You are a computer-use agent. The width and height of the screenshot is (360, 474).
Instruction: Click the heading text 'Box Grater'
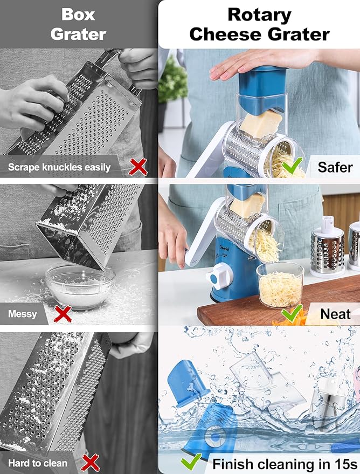click(78, 24)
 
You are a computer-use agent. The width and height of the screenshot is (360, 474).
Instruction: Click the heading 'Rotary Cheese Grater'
click(259, 24)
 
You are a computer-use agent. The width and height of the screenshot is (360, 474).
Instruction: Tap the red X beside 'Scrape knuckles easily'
click(139, 167)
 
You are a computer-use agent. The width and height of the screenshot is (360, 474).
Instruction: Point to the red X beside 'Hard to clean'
click(90, 462)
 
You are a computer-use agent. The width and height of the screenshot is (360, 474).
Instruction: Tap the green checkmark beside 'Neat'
click(292, 313)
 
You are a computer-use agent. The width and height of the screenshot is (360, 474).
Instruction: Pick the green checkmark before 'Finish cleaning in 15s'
click(191, 462)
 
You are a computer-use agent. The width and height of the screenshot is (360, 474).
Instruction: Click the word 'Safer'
click(335, 167)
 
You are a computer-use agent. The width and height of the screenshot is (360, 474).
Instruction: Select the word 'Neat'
click(335, 313)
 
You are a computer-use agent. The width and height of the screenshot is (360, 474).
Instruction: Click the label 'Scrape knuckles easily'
click(59, 167)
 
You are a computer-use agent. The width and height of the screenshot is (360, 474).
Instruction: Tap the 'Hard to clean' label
click(38, 463)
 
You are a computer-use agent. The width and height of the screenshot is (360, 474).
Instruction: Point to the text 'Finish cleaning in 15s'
click(285, 463)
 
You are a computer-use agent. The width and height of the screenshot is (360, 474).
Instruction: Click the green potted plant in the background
click(173, 81)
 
